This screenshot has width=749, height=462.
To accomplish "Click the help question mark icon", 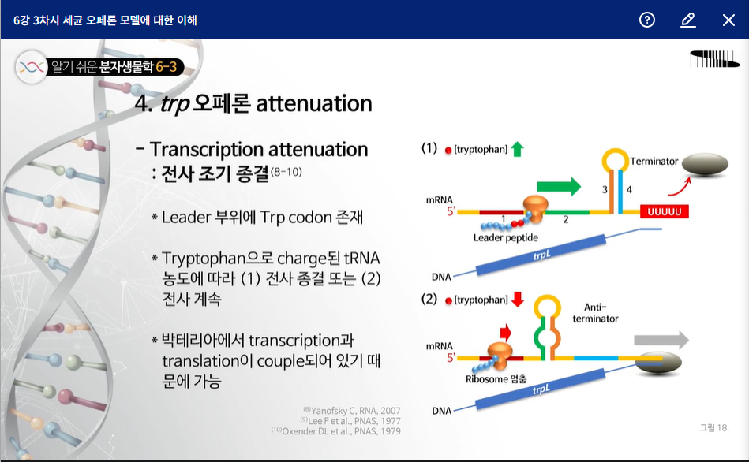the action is click(646, 20).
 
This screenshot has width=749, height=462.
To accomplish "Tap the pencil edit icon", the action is click(688, 20).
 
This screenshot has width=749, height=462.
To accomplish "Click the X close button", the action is click(728, 20).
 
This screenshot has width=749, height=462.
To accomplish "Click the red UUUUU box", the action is click(664, 211).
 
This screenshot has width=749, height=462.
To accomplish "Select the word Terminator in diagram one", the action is click(654, 162).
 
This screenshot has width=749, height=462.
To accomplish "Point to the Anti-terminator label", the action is click(595, 313).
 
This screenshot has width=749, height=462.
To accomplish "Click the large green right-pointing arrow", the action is click(559, 186).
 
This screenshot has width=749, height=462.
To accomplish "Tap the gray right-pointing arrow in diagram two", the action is click(661, 340).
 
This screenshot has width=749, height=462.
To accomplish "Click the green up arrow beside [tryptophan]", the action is click(517, 149).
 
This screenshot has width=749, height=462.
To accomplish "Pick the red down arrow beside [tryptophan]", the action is click(517, 300).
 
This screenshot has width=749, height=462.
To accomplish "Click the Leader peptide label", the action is click(505, 237).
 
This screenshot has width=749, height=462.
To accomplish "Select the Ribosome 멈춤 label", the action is click(496, 379).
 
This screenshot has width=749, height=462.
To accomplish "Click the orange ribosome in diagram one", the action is click(535, 209).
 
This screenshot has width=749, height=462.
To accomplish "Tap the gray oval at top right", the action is click(705, 165).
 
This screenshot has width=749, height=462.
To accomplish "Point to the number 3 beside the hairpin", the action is click(605, 189).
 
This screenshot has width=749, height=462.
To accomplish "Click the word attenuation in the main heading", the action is click(314, 103).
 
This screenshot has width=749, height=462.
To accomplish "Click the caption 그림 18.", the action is click(714, 427).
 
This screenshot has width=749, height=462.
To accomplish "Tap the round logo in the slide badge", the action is click(32, 67).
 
